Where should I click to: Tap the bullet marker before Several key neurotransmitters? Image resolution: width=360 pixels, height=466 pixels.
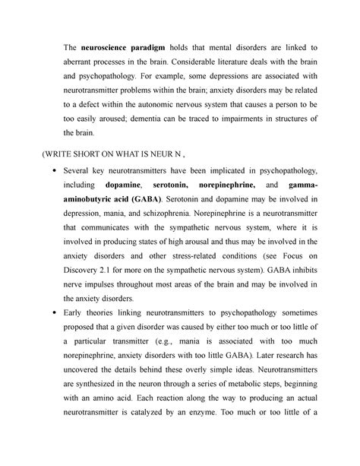coord(50,173)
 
